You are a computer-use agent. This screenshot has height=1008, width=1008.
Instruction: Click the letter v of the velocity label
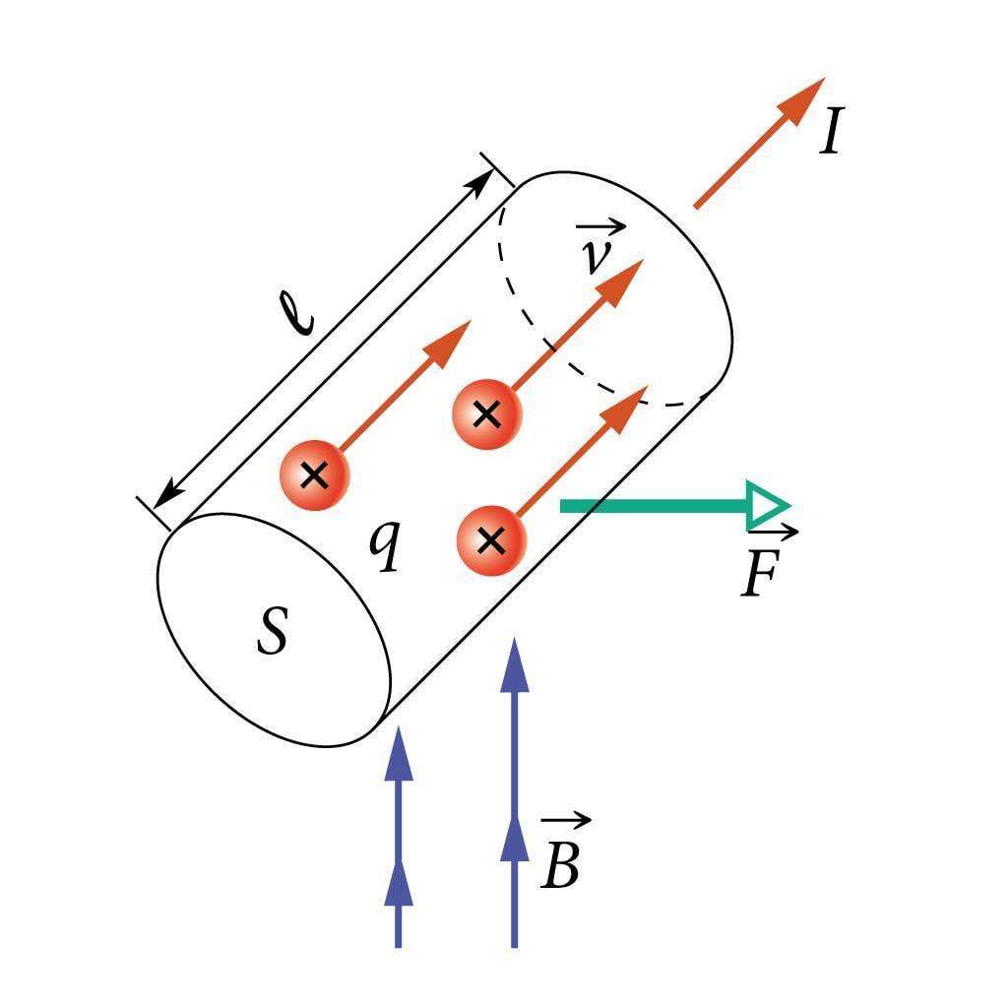tap(594, 257)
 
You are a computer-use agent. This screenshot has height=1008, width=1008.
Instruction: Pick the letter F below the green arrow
tap(760, 576)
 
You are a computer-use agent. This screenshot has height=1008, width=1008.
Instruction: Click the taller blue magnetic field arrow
tap(513, 787)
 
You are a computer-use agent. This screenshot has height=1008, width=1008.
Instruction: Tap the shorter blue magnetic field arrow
tap(398, 837)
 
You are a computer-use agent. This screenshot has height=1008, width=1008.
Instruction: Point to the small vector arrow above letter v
tap(602, 229)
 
